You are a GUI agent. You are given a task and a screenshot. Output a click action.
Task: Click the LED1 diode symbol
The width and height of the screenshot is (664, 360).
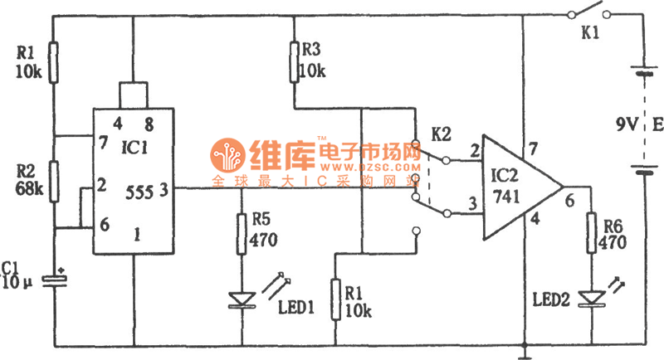pyautogui.click(x=242, y=298)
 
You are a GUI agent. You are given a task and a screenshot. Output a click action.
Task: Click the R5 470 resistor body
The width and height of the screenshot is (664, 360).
pyautogui.click(x=242, y=233)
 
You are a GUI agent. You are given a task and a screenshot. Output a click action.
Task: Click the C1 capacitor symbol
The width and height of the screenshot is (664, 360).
pyautogui.click(x=55, y=280)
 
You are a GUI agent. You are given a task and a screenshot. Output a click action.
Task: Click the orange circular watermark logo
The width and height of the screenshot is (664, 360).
pyautogui.click(x=226, y=154)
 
